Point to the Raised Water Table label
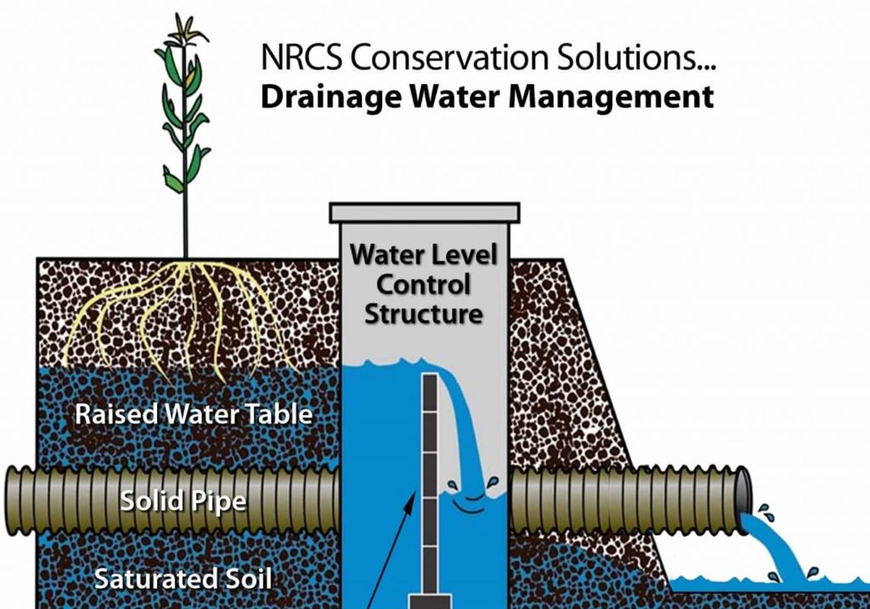pos(194,414)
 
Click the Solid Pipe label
pos(183,501)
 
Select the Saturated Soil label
pos(182,578)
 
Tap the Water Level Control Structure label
pos(424,284)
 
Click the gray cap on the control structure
pos(424,212)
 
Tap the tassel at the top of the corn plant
pos(185,31)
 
